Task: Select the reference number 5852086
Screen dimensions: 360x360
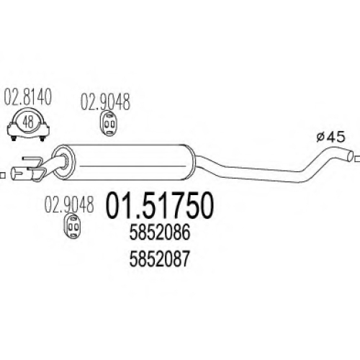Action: coord(160,233)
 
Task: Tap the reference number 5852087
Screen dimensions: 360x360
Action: coord(160,259)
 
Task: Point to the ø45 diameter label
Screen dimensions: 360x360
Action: coord(330,138)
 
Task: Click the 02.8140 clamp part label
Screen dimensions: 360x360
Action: coord(27,96)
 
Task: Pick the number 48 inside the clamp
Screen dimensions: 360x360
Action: coord(28,122)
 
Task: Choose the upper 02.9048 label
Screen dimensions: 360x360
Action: coord(105,102)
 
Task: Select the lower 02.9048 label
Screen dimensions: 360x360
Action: coord(69,204)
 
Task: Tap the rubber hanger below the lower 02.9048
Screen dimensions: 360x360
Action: coord(72,225)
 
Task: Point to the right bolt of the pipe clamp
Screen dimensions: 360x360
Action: coord(42,138)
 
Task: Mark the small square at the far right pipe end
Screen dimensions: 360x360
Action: coord(357,158)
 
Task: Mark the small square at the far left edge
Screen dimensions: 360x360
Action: coord(2,175)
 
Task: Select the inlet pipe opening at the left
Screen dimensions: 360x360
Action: coord(15,174)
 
